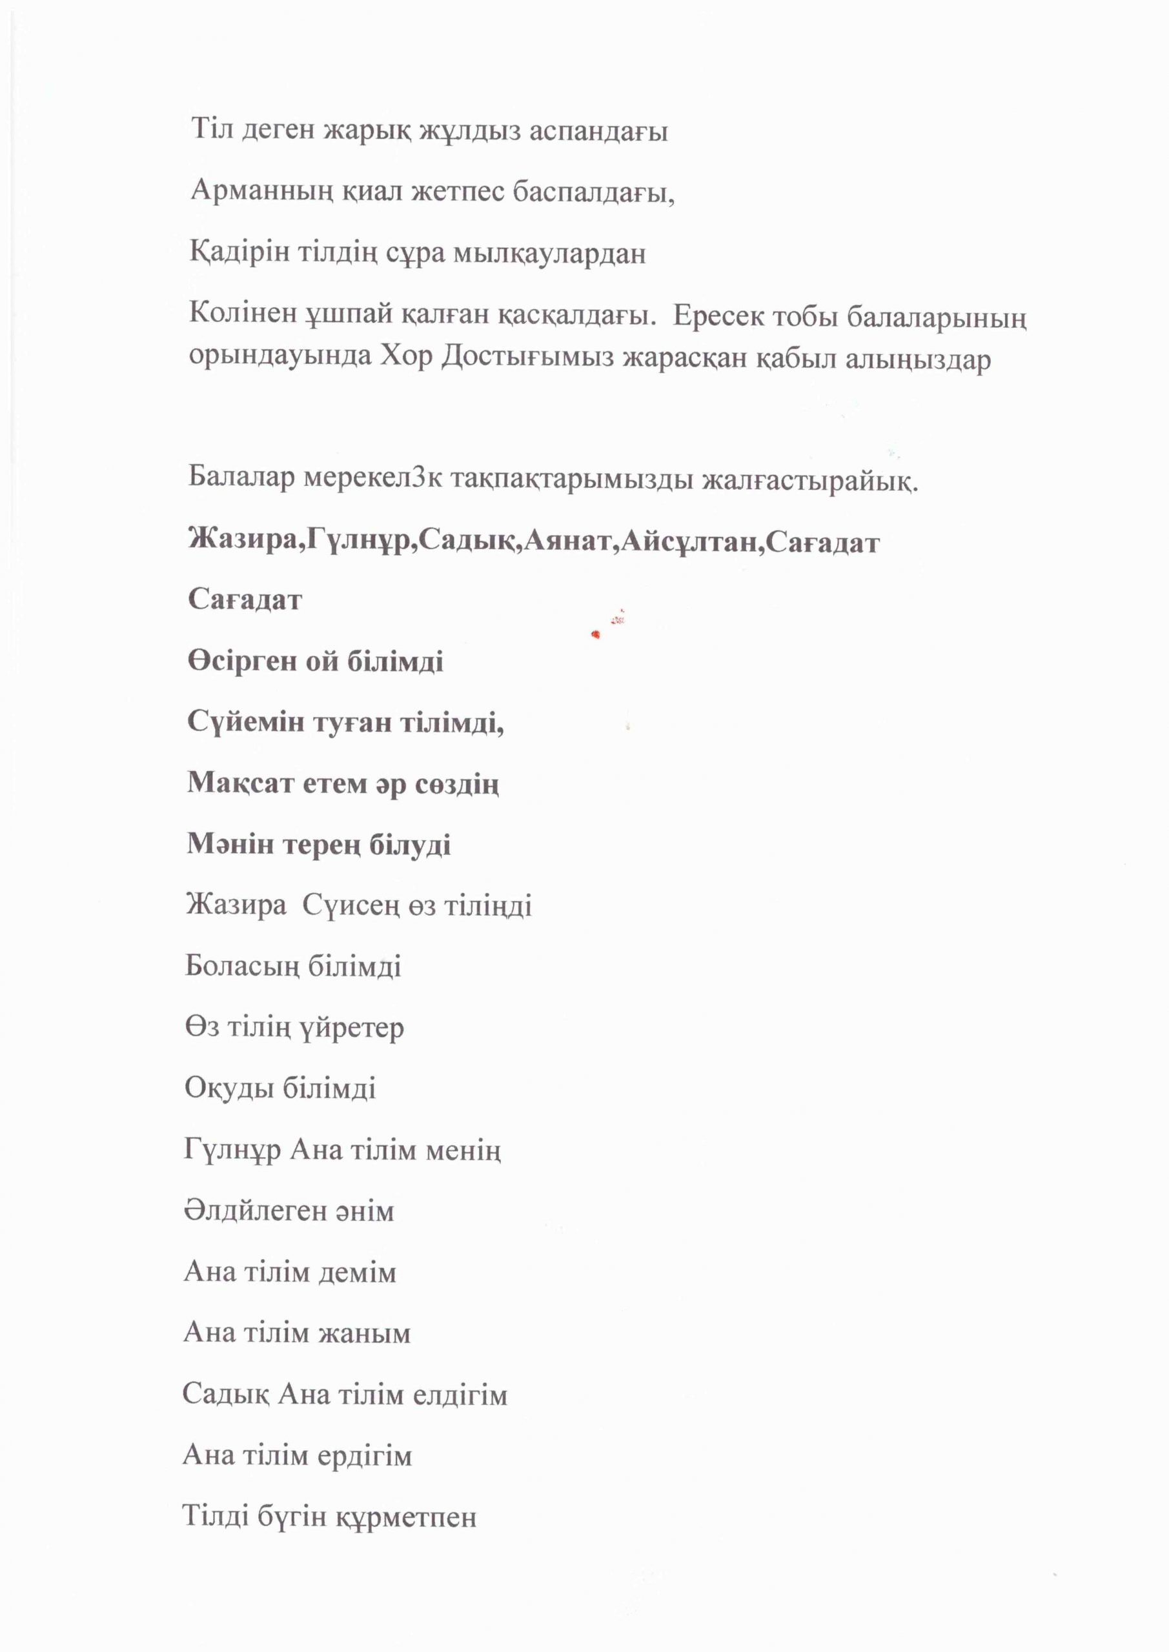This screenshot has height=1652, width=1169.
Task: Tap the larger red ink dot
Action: (x=595, y=634)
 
